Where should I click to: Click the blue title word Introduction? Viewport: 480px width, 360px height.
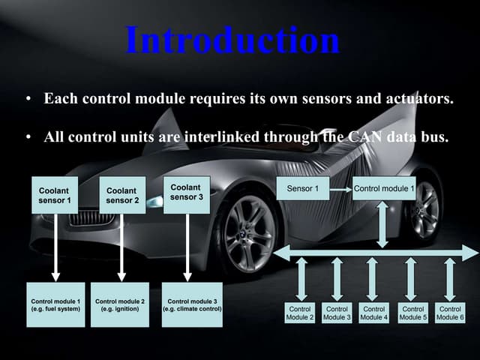point(232,40)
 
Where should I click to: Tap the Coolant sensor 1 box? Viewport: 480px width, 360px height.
point(55,195)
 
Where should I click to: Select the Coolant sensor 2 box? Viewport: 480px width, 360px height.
point(122,195)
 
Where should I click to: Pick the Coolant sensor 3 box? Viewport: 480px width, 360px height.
point(187,195)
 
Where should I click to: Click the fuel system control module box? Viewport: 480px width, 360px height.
point(55,304)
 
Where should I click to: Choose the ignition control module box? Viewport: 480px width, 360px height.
point(120,304)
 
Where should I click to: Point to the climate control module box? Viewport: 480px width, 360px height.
point(192,304)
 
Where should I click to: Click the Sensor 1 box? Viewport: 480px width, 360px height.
point(303,188)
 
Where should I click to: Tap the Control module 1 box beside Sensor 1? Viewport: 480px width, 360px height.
point(384,188)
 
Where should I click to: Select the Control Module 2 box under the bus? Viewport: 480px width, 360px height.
point(300,313)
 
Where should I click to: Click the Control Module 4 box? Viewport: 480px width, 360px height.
point(373,313)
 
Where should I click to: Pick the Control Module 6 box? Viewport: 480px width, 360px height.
point(450,313)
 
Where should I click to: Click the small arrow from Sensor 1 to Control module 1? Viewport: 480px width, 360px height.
point(341,190)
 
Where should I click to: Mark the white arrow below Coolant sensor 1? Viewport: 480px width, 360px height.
point(55,247)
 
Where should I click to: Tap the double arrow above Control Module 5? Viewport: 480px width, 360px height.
point(410,279)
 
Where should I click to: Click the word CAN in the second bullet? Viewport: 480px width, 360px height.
point(364,136)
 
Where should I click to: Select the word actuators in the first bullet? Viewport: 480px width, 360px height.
point(419,98)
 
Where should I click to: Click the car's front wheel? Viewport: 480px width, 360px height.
point(249,234)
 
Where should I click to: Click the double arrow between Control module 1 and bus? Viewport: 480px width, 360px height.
point(382,224)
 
